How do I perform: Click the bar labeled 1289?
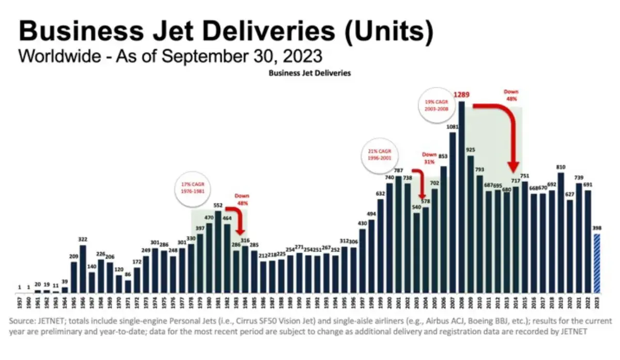coord(461,196)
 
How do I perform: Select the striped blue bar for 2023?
coord(597,263)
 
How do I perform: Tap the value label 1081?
coord(452,127)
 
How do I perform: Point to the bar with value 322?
coord(82,269)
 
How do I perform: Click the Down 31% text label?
coord(429,158)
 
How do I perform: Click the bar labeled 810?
coord(561,232)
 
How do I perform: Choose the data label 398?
coord(597,228)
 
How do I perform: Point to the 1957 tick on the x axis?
coord(19,301)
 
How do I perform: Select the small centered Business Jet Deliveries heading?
coord(309,73)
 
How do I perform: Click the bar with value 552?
coord(218,252)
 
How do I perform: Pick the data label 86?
coord(128,275)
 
